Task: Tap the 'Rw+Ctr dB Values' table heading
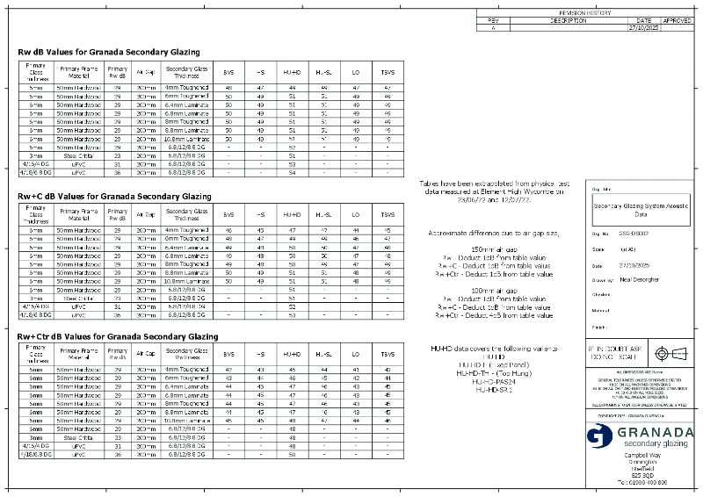tap(118, 336)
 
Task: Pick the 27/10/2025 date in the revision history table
tap(643, 28)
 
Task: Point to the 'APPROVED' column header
tap(677, 20)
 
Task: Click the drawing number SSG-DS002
tap(634, 234)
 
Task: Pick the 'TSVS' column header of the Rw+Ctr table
tap(388, 354)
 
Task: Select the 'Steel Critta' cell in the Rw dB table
tap(79, 155)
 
